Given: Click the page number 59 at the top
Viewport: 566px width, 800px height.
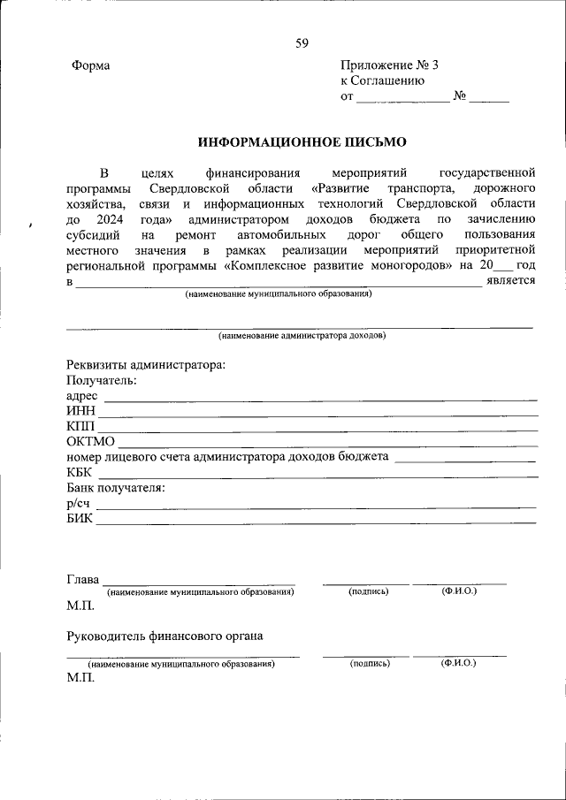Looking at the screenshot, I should (302, 43).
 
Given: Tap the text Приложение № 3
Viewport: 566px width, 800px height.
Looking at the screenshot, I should (389, 66).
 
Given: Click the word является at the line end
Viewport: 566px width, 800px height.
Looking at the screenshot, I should (511, 281).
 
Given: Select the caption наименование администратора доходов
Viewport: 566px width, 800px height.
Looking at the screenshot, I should (302, 336).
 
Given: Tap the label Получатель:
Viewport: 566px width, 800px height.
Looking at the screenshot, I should (102, 380).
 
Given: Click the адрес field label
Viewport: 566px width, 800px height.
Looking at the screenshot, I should (82, 396).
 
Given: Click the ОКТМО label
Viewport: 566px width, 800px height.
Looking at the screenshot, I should (89, 441).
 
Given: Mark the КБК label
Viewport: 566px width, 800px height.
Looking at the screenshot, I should (80, 472).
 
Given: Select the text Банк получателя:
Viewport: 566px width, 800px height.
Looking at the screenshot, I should (116, 487).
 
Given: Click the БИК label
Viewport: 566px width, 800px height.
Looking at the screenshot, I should (80, 518).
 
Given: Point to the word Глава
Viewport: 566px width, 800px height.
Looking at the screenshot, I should (82, 580).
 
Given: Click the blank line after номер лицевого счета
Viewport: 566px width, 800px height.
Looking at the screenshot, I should (464, 458).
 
